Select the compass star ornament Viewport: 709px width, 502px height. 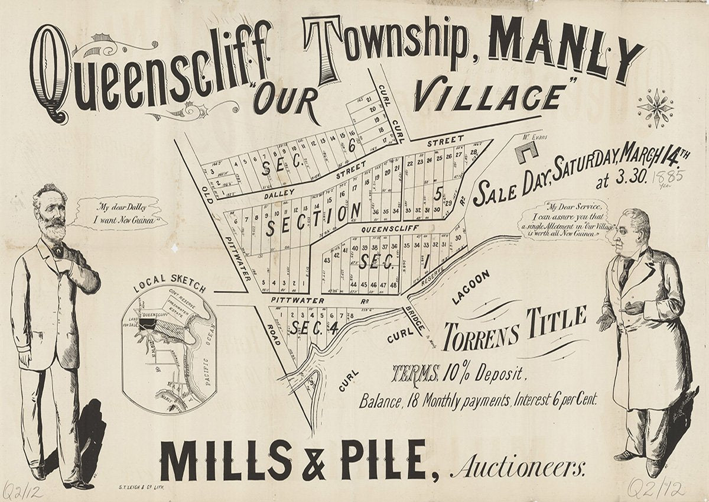pos(655,107)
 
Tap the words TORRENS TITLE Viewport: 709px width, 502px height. pos(514,328)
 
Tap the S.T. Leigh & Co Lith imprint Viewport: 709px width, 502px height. pos(142,487)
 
